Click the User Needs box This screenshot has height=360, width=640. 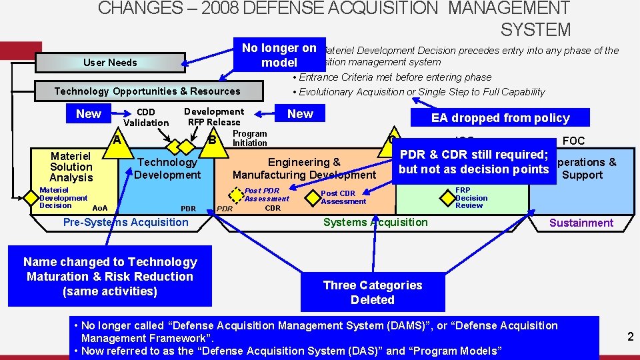(x=110, y=63)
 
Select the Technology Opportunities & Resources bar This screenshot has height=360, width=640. (x=147, y=91)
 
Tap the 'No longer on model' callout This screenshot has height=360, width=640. (x=279, y=55)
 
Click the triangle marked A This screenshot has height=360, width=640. (x=117, y=140)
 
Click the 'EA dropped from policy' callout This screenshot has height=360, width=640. (x=500, y=118)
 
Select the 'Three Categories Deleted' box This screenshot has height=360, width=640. (x=372, y=292)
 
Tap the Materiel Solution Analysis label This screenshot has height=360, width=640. (x=71, y=167)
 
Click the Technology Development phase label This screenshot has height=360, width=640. (x=167, y=168)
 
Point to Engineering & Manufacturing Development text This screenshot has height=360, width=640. (x=304, y=168)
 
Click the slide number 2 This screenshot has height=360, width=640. (x=630, y=337)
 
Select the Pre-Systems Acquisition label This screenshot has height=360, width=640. (x=125, y=222)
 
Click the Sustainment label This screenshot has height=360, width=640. (x=581, y=223)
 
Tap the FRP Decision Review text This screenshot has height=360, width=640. (x=472, y=198)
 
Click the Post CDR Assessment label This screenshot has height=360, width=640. (x=343, y=197)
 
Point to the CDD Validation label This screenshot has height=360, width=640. (x=146, y=117)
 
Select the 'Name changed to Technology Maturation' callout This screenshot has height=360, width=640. (x=110, y=277)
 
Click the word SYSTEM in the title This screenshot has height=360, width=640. (x=535, y=30)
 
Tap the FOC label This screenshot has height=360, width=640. (x=573, y=141)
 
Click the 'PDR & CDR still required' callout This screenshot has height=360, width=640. (x=473, y=162)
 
